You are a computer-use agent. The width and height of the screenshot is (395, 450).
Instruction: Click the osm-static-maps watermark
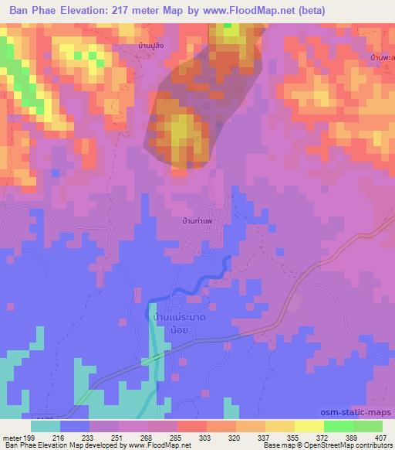(x=360, y=413)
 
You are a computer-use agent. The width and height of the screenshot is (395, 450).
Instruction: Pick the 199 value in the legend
(x=30, y=437)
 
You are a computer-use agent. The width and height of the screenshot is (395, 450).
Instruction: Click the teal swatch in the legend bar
(x=46, y=426)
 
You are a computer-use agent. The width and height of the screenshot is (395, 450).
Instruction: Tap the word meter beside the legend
(x=12, y=437)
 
